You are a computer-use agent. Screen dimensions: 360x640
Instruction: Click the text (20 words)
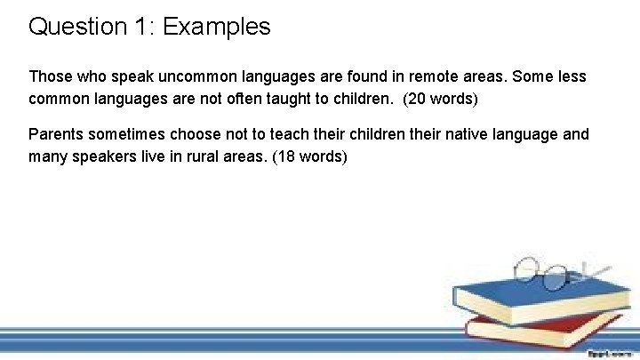pyautogui.click(x=441, y=99)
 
